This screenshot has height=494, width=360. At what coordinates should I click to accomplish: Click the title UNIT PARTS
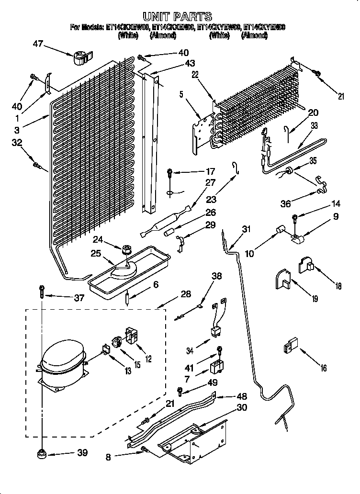tap(177, 17)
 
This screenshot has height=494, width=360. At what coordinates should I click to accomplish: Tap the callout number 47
tap(38, 45)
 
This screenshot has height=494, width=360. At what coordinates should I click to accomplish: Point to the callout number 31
tap(246, 229)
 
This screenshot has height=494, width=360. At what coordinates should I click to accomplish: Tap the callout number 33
tap(314, 126)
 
